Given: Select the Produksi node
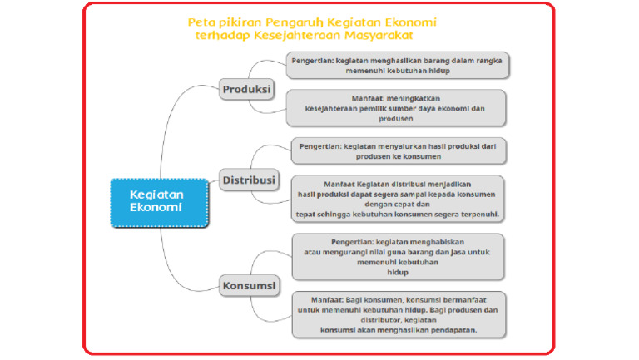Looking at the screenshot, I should coord(247,88).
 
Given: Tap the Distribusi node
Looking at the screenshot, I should coord(250,179).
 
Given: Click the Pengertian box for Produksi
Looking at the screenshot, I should coord(399,66).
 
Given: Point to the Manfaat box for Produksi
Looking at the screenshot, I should coord(395,108).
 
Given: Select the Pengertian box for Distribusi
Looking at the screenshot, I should coord(399,150).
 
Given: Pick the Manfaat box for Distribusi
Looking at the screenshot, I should coord(399,198).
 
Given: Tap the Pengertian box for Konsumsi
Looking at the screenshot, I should coord(399,255).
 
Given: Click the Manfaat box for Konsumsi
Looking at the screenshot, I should coord(399,313).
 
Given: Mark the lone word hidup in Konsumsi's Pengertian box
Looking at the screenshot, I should coord(398,272).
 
